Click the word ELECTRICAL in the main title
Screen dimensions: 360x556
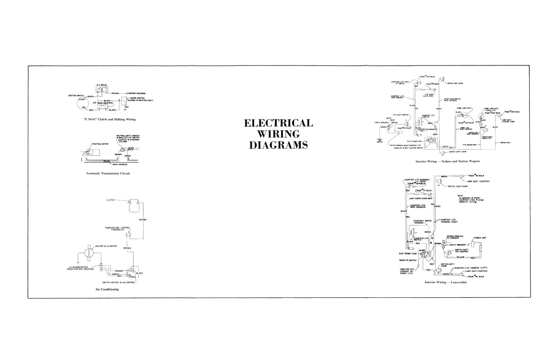point(278,124)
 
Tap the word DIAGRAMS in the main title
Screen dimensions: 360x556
point(278,145)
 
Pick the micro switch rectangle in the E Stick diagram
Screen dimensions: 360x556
point(124,101)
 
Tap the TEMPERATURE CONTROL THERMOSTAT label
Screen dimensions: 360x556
point(118,228)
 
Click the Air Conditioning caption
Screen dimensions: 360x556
point(107,290)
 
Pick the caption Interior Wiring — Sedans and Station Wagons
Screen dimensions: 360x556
point(447,161)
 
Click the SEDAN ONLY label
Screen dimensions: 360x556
point(504,142)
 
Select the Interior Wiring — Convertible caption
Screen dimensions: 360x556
point(446,282)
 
